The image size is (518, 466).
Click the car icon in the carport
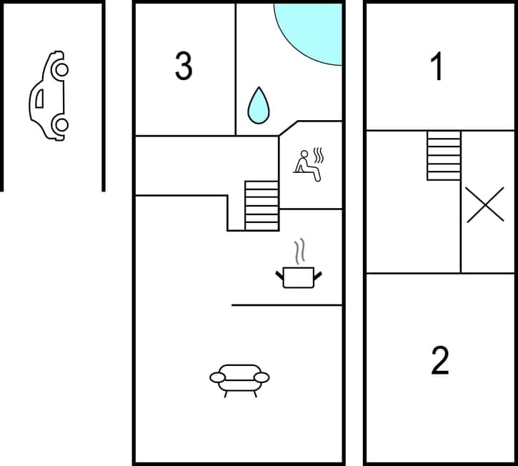point(49,96)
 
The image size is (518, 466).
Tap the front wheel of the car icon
point(61,69)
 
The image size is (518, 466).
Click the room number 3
point(184,66)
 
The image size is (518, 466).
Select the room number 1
point(437,66)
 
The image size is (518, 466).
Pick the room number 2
point(440,360)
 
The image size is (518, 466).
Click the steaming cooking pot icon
point(298,276)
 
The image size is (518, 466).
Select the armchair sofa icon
point(239,379)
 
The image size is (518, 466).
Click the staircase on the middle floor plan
point(262,206)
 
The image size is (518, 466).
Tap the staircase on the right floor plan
point(444,155)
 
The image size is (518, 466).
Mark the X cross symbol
point(485,204)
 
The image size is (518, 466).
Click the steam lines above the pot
point(299,252)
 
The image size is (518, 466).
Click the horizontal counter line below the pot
point(287,305)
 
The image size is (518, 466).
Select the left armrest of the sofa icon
point(218,377)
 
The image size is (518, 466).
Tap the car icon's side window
point(39,98)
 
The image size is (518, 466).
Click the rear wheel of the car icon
point(61,125)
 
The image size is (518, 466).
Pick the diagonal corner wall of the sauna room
point(288,128)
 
